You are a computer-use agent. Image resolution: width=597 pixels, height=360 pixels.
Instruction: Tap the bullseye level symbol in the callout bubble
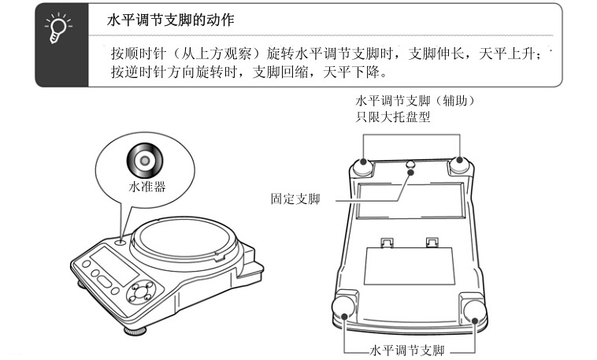[x=146, y=161]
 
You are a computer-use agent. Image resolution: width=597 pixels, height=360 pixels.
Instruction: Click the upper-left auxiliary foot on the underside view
[x=364, y=166]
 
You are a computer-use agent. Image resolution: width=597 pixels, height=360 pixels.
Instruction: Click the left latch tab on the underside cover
[x=385, y=241]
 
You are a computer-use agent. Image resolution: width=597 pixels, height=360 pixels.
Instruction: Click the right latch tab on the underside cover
[x=432, y=241]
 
